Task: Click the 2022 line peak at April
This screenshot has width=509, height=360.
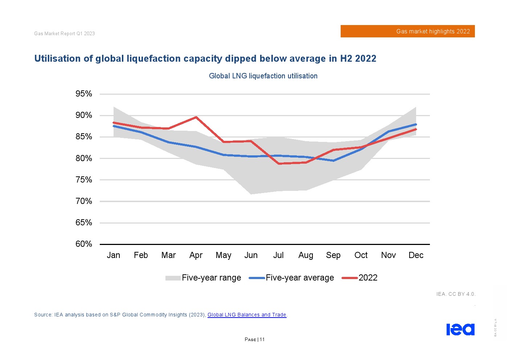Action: click(x=196, y=117)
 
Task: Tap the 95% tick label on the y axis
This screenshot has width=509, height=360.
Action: click(x=84, y=94)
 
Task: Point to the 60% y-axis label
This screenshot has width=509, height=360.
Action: click(x=84, y=244)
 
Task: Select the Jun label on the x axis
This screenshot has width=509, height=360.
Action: click(x=251, y=255)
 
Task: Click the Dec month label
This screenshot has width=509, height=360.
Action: click(x=416, y=255)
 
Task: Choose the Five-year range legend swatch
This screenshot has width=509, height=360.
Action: click(x=173, y=278)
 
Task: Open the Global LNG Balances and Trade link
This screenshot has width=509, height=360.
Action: click(x=247, y=315)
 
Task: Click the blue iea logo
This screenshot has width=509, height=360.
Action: click(x=460, y=330)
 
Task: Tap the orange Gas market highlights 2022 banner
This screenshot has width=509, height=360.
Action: click(x=407, y=32)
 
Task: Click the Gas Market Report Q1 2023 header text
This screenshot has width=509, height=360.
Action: click(x=65, y=34)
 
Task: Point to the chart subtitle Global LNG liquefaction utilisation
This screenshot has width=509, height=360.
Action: click(x=263, y=76)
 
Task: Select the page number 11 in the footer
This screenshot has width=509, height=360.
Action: click(x=262, y=340)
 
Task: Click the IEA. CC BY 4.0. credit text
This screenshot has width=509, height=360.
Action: click(x=456, y=294)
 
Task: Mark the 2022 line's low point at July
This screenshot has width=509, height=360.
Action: click(x=279, y=164)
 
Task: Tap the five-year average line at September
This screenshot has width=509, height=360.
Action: click(x=333, y=161)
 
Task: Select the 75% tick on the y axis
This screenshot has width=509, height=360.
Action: click(x=84, y=180)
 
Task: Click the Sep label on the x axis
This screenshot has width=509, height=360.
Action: click(x=333, y=255)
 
